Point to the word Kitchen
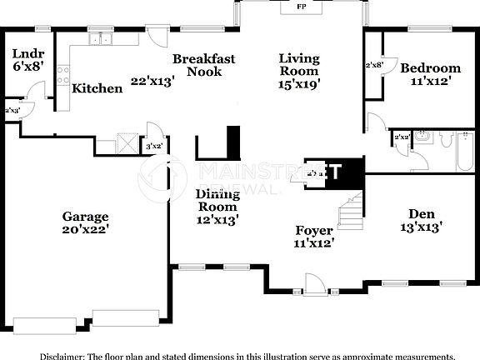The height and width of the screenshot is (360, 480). [x=97, y=87]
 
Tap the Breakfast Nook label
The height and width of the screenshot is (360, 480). [x=203, y=66]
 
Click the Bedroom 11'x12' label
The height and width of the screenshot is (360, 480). [x=429, y=75]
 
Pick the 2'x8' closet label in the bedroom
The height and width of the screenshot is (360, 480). [x=374, y=64]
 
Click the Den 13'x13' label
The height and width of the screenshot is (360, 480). [x=417, y=219]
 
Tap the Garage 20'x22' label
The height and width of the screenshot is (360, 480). [x=85, y=222]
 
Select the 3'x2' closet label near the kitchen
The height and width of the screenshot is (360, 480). [x=153, y=147]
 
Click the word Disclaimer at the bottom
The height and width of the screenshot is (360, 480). [x=40, y=355]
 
